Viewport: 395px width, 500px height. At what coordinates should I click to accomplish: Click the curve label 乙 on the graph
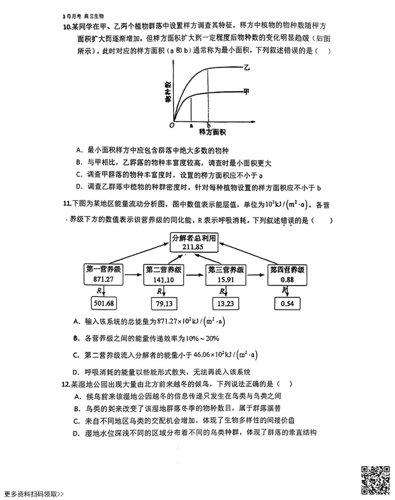(247, 67)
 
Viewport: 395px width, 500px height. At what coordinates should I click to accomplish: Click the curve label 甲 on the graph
(247, 91)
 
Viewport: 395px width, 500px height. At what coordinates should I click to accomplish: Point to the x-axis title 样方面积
(212, 132)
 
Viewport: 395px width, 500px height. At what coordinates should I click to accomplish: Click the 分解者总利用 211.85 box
(194, 242)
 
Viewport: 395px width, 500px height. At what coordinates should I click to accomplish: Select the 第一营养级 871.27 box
(104, 274)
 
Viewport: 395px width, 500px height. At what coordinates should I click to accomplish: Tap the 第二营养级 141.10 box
(163, 275)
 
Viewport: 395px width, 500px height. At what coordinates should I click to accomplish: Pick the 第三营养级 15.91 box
(226, 275)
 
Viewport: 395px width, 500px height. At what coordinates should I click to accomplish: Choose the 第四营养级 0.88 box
(287, 275)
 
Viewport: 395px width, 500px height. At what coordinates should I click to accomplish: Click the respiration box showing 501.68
(104, 303)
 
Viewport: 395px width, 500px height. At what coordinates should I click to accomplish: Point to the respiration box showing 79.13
(164, 303)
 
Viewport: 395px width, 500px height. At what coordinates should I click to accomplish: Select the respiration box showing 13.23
(226, 303)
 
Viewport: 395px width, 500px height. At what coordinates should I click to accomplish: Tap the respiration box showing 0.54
(287, 303)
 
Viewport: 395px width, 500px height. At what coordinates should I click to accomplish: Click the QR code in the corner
(376, 480)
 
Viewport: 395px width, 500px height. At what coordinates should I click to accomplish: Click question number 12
(66, 384)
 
